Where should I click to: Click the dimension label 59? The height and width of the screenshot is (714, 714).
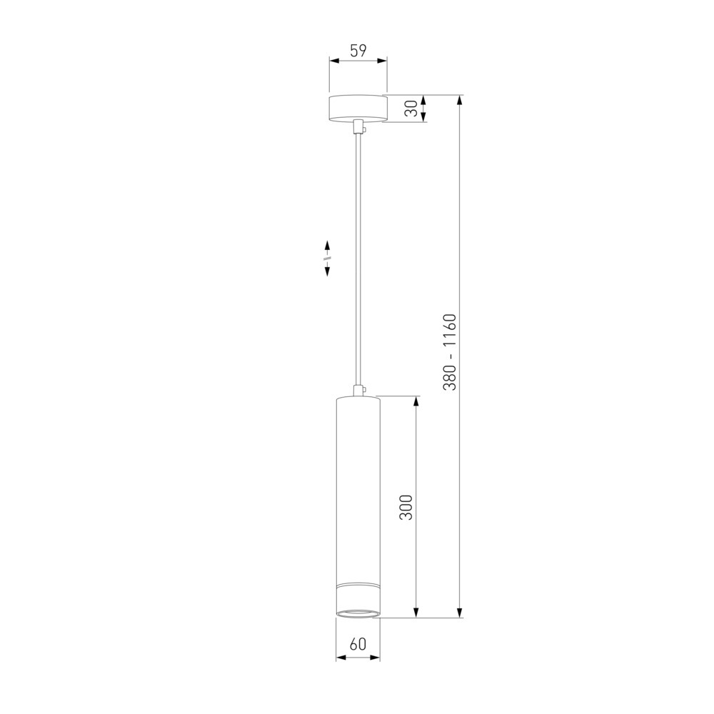358,51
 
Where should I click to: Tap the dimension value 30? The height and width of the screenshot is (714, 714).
411,109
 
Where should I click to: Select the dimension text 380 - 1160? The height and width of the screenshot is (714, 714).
449,352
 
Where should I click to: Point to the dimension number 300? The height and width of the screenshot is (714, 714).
406,507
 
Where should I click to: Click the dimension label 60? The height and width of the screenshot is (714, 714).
358,644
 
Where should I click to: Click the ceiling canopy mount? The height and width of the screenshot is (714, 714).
358,109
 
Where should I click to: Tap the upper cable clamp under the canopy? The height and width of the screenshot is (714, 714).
359,126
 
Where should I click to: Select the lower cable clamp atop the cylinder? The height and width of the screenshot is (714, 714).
359,390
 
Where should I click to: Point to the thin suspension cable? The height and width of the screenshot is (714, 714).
359,259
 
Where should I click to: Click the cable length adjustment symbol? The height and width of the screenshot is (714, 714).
327,258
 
